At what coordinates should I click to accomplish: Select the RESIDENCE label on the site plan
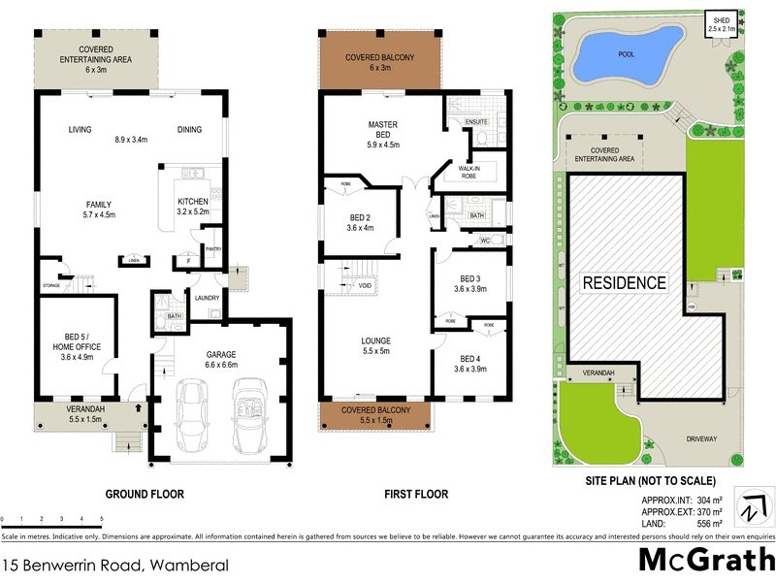click(x=625, y=283)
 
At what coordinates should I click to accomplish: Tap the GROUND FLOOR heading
click(x=144, y=494)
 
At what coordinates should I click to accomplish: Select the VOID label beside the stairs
click(x=364, y=286)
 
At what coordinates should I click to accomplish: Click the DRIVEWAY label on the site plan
click(x=701, y=438)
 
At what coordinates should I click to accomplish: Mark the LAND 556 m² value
click(x=694, y=524)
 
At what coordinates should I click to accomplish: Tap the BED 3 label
click(x=470, y=281)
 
